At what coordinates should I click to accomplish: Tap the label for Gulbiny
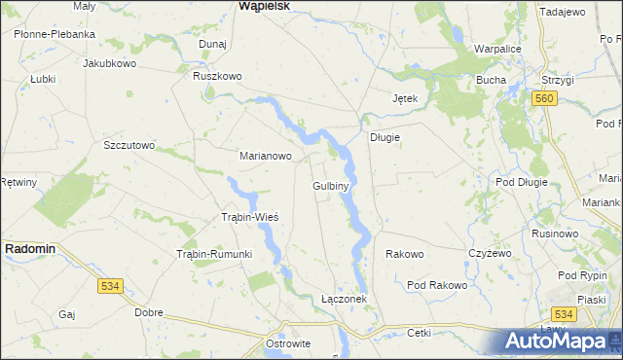(x=331, y=185)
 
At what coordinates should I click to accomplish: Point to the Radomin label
(x=30, y=249)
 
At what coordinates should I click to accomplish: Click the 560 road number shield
(x=544, y=99)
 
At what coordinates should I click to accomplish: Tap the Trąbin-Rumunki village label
(x=213, y=254)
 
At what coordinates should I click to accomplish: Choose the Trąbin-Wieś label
(x=250, y=216)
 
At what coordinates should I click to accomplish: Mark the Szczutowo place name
(x=129, y=145)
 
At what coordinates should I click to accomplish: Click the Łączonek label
(x=344, y=299)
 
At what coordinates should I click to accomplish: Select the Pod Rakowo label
(x=437, y=285)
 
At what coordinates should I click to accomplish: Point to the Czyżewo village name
(x=490, y=253)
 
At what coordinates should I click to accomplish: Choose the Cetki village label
(x=420, y=333)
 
